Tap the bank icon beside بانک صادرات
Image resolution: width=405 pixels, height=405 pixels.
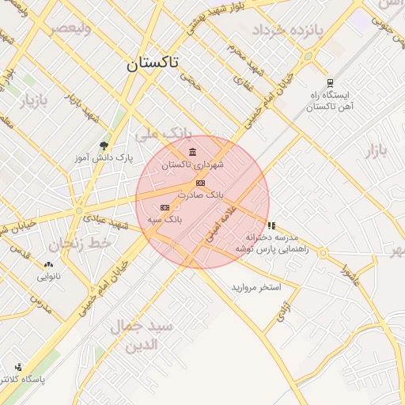199,183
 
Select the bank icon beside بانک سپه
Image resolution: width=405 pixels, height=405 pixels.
165,207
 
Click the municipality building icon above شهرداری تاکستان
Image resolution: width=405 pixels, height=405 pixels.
193,152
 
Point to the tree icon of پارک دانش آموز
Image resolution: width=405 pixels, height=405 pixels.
104,146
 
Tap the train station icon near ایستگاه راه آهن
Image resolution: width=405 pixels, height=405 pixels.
329,82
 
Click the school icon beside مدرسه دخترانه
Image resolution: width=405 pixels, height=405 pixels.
272,225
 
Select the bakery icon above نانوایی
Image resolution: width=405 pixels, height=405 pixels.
50,265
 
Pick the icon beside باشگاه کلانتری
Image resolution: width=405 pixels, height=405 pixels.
18,367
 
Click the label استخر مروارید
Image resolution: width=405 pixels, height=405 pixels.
256,286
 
